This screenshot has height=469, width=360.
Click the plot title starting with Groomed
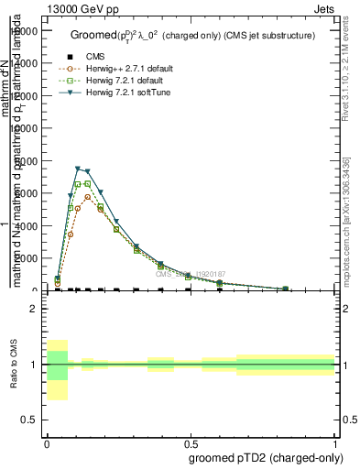point(192,36)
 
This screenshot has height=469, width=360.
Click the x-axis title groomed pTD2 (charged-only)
point(265,457)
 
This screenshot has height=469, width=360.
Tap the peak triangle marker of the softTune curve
point(79,169)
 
